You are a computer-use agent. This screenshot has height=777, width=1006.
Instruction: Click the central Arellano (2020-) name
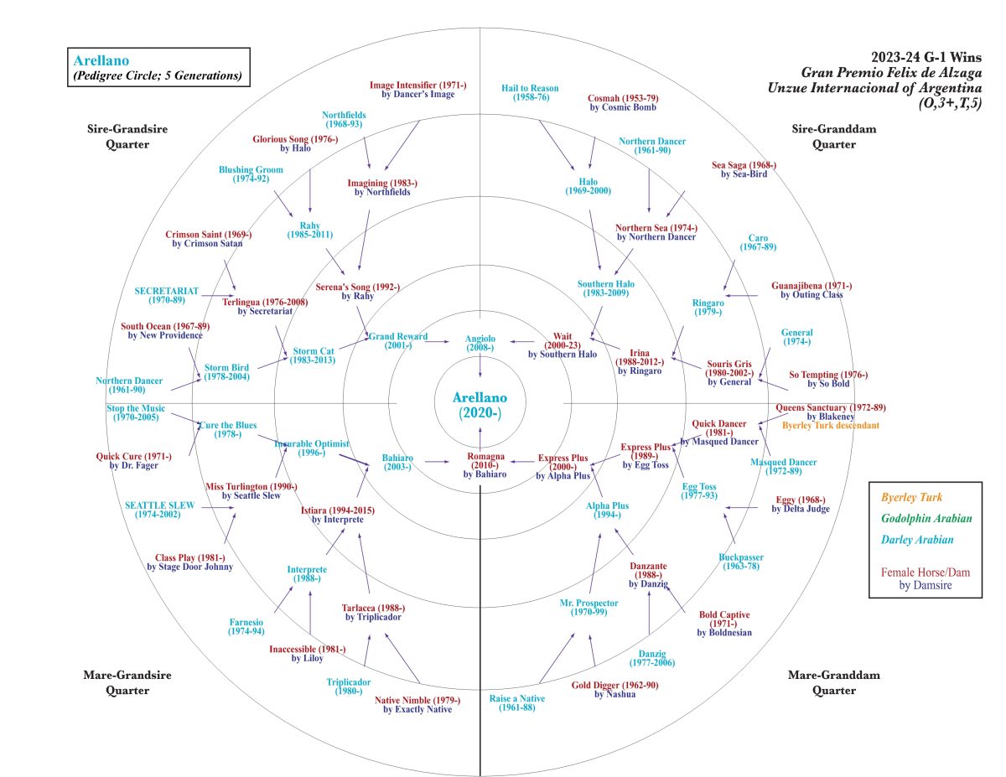480,404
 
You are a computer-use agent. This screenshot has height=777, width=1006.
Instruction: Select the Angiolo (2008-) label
480,343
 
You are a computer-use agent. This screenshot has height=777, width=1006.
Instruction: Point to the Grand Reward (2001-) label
398,341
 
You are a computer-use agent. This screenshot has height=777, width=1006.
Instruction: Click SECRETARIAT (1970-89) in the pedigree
167,295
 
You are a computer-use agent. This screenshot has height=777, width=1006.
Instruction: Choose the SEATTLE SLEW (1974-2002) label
160,510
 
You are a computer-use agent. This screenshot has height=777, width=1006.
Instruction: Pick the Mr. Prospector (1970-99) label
589,608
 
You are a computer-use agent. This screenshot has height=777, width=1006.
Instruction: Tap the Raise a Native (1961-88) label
516,702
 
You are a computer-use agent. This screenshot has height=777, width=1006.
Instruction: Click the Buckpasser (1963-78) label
741,562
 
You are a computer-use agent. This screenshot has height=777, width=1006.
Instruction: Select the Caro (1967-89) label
758,242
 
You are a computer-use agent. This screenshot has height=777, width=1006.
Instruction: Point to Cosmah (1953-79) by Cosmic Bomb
623,102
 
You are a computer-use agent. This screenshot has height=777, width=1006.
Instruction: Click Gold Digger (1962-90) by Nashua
614,689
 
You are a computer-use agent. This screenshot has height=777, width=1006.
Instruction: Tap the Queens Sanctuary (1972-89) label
831,412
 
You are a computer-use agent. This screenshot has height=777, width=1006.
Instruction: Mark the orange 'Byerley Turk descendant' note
830,426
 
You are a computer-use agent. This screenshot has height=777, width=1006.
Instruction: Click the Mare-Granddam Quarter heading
822,682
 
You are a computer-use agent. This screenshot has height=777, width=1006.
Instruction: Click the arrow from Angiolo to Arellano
480,365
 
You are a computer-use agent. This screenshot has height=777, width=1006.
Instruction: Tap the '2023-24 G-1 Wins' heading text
926,57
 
